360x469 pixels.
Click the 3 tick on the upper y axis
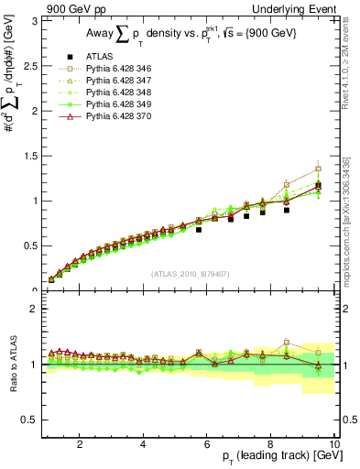(35, 20)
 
